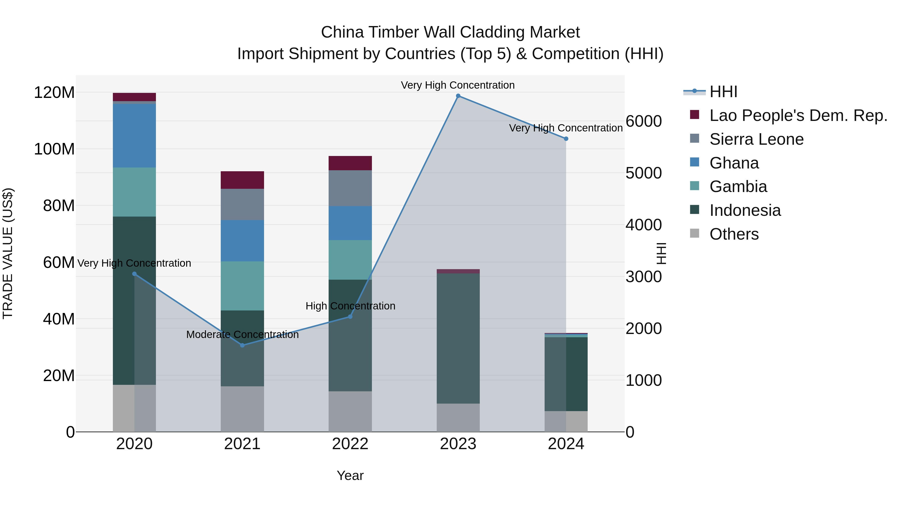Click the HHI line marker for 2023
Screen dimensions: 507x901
tap(458, 96)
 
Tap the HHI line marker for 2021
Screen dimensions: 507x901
tap(242, 345)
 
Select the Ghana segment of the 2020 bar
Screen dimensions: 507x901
tap(134, 136)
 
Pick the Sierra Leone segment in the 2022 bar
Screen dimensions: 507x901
tap(350, 188)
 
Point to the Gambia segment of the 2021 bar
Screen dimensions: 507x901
tap(242, 286)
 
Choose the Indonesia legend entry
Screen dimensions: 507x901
tap(745, 210)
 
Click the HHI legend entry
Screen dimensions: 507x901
tap(723, 92)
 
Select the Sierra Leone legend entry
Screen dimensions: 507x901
tap(756, 139)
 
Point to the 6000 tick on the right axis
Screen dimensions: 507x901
tap(643, 121)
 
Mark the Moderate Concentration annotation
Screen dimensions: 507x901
tap(242, 334)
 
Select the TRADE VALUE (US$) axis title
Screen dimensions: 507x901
tap(8, 253)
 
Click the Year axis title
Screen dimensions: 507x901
tap(350, 475)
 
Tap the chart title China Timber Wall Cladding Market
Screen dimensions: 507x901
tap(450, 32)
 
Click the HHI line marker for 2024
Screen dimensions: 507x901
tap(566, 138)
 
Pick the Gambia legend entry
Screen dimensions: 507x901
tap(738, 187)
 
